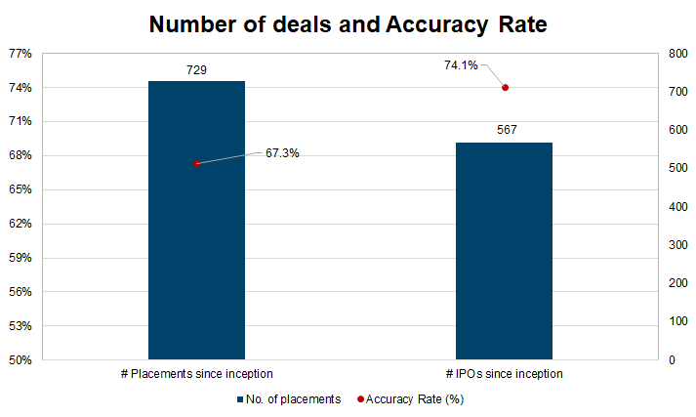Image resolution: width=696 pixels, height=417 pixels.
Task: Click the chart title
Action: click(x=348, y=25)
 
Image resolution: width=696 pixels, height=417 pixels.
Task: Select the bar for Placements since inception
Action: click(x=196, y=220)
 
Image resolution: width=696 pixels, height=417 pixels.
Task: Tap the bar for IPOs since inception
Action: click(x=504, y=251)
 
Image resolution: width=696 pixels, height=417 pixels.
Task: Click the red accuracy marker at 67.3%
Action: click(x=196, y=163)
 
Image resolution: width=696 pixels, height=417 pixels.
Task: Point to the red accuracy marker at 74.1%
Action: click(x=505, y=88)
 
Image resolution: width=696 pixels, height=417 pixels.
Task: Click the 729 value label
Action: click(x=196, y=69)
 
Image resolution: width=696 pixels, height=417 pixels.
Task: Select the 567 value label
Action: click(x=505, y=131)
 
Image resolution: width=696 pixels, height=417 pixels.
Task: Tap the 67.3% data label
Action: click(x=282, y=152)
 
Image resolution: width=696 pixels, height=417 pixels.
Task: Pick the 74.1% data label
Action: click(x=461, y=65)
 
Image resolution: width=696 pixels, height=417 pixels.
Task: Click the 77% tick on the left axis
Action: click(x=20, y=54)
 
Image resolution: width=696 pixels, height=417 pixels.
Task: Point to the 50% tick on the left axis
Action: click(x=20, y=360)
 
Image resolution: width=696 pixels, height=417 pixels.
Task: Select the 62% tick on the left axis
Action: click(x=20, y=224)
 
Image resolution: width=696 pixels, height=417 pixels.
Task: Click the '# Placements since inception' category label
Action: click(x=196, y=374)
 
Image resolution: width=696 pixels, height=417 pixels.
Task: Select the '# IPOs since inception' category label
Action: click(x=505, y=374)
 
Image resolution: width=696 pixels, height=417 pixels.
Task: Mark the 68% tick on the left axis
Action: click(x=20, y=155)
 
